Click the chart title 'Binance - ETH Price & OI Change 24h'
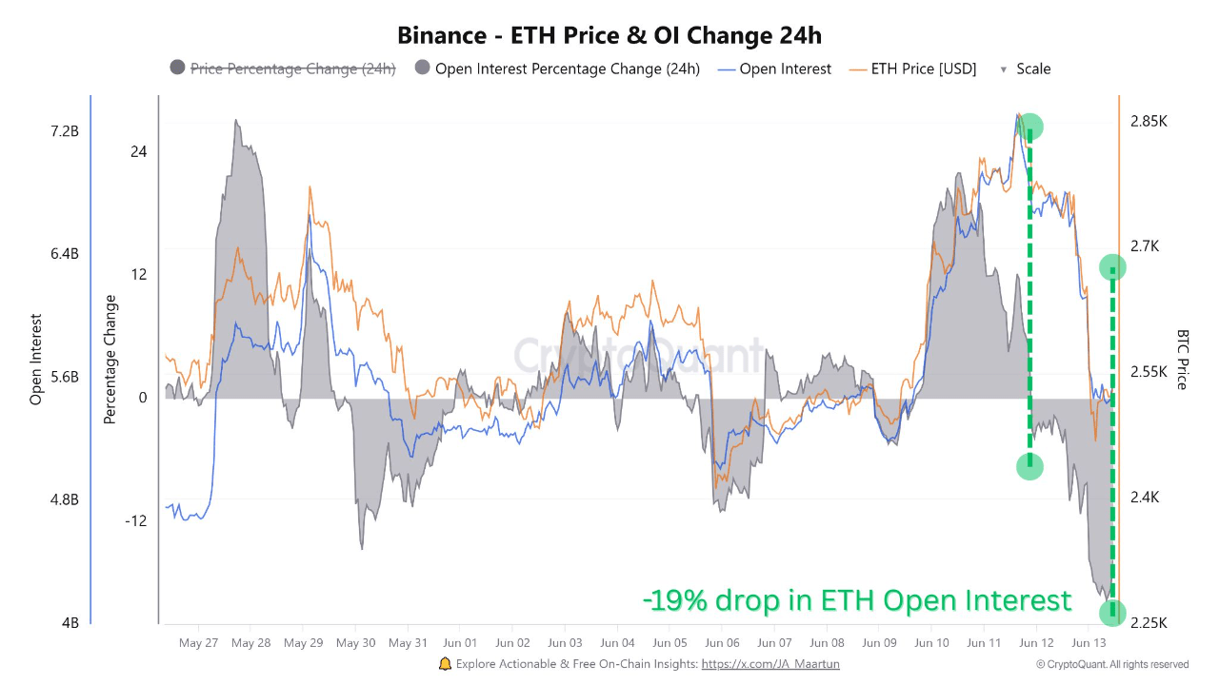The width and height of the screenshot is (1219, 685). click(x=609, y=36)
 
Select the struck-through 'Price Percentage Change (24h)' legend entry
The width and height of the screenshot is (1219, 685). click(x=292, y=68)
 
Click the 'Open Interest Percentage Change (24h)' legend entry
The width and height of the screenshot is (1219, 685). click(x=567, y=68)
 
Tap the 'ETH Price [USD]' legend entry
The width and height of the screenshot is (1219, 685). click(x=923, y=68)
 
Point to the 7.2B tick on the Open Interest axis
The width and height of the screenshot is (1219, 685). click(x=65, y=131)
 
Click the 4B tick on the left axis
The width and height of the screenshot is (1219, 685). click(x=70, y=623)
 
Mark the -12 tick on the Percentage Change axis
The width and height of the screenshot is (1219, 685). click(x=134, y=520)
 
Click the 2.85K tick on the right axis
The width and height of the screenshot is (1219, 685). click(x=1149, y=122)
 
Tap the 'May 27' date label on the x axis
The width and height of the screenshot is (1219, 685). click(x=198, y=643)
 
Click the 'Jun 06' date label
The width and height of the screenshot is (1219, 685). click(x=724, y=643)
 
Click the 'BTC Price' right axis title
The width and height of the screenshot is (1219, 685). click(x=1183, y=360)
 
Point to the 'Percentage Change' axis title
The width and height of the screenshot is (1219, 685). click(x=110, y=360)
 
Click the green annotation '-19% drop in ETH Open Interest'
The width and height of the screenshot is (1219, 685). click(x=857, y=600)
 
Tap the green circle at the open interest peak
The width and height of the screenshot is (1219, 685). click(x=1029, y=126)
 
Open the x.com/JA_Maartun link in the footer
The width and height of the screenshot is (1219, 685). click(x=770, y=664)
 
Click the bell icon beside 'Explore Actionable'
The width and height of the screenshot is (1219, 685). click(x=445, y=664)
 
